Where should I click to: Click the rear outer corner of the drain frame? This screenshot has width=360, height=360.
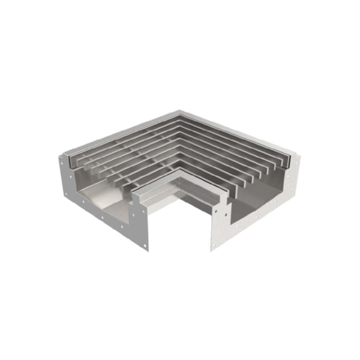tap(179, 111)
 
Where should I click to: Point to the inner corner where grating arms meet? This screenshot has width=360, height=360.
tap(179, 168)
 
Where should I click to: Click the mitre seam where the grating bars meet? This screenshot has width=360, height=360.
tap(179, 141)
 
